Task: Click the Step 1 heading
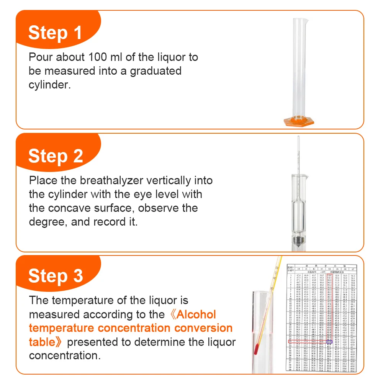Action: tap(55, 33)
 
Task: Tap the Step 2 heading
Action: tap(56, 156)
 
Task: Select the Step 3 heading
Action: tap(56, 276)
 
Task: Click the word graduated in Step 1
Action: tap(155, 71)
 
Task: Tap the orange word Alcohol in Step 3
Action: tap(193, 314)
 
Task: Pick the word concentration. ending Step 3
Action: tap(65, 356)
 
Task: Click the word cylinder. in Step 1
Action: tap(50, 85)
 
